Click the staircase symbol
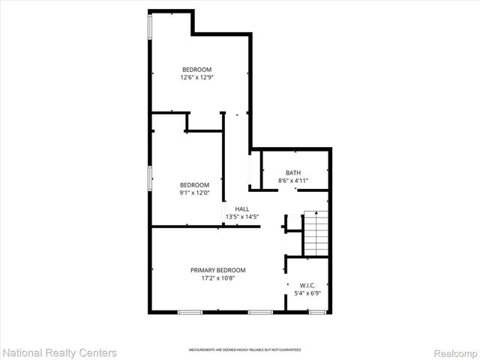(x=316, y=233)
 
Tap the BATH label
(x=293, y=172)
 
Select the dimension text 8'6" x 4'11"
(x=293, y=181)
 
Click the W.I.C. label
(x=307, y=285)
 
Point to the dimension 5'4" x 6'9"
(x=307, y=293)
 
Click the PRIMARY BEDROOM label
(x=217, y=270)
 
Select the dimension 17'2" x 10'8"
(x=217, y=278)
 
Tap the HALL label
(x=242, y=209)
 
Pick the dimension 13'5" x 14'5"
(x=242, y=217)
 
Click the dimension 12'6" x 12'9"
(x=196, y=77)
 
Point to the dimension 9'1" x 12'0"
(x=194, y=193)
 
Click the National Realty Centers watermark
(x=60, y=352)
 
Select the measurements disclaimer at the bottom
(x=244, y=350)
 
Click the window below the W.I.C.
(x=318, y=311)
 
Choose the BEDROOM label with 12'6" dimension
(x=196, y=69)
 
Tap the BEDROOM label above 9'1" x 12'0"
(x=194, y=184)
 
